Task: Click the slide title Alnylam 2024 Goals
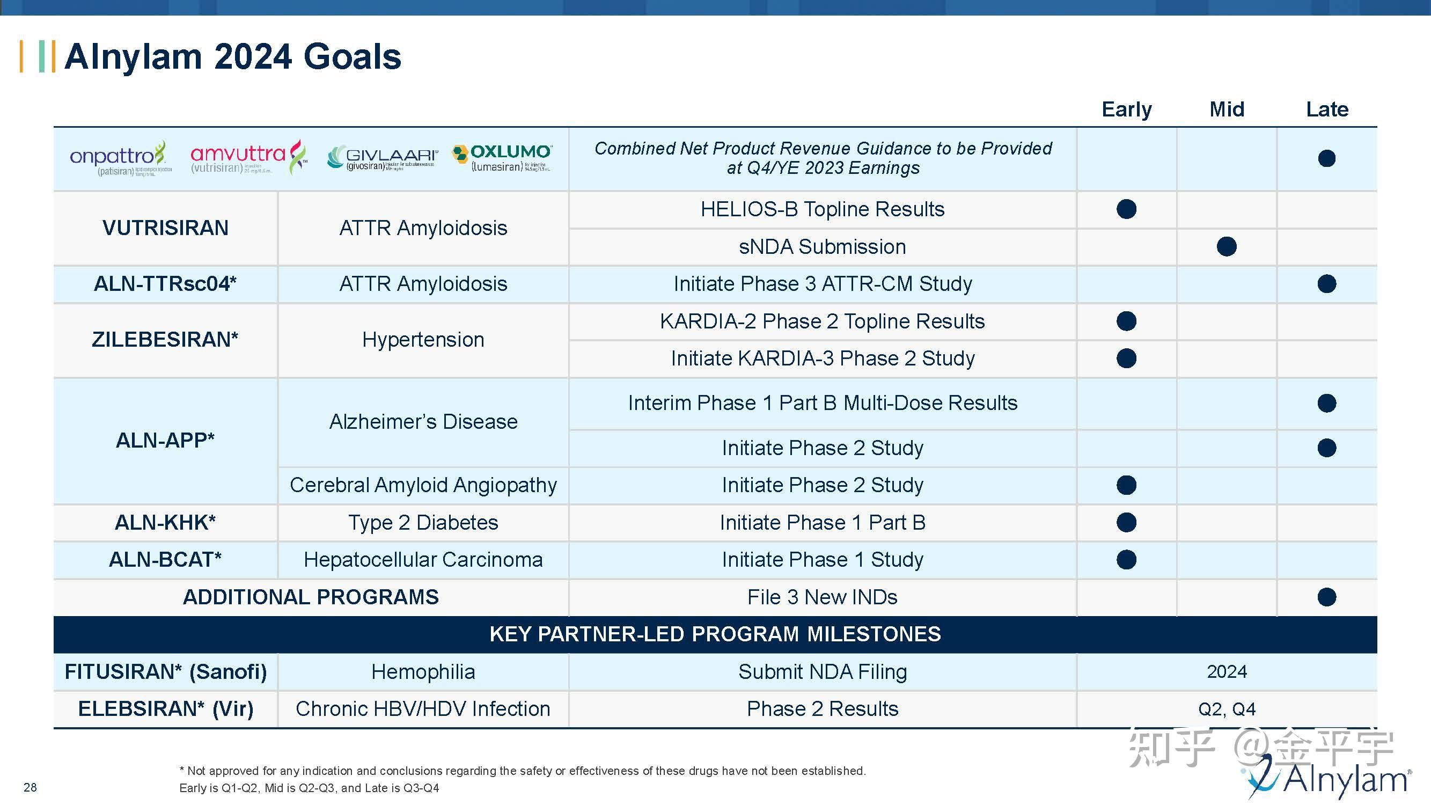pyautogui.click(x=232, y=57)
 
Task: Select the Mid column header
pyautogui.click(x=1227, y=109)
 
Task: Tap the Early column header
pyautogui.click(x=1127, y=109)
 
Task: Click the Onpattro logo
pyautogui.click(x=120, y=158)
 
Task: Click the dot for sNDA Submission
pyautogui.click(x=1227, y=247)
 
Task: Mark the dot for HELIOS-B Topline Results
pyautogui.click(x=1126, y=209)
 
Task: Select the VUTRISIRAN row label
pyautogui.click(x=166, y=228)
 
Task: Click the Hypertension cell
pyautogui.click(x=423, y=340)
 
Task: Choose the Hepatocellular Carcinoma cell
pyautogui.click(x=423, y=559)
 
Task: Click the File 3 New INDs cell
pyautogui.click(x=822, y=597)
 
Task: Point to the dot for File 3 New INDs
pyautogui.click(x=1326, y=597)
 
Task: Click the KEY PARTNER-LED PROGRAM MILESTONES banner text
pyautogui.click(x=715, y=634)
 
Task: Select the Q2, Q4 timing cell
pyautogui.click(x=1227, y=709)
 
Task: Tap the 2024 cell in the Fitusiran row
pyautogui.click(x=1227, y=672)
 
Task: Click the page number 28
pyautogui.click(x=30, y=787)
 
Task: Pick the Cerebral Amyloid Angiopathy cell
pyautogui.click(x=423, y=485)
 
